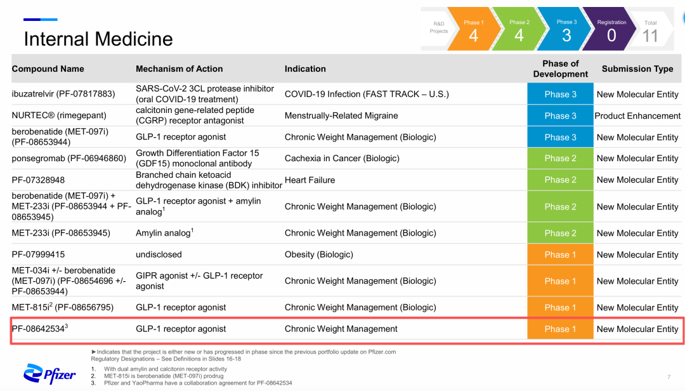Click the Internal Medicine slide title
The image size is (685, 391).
pyautogui.click(x=98, y=39)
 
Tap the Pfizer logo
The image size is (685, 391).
pyautogui.click(x=49, y=374)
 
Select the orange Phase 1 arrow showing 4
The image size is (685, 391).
pyautogui.click(x=474, y=29)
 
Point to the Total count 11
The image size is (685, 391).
pyautogui.click(x=650, y=36)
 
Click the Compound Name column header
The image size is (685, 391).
pyautogui.click(x=48, y=69)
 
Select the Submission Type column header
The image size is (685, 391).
pyautogui.click(x=637, y=69)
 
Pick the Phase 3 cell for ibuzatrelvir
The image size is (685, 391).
pyautogui.click(x=560, y=94)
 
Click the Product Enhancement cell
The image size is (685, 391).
pyautogui.click(x=637, y=116)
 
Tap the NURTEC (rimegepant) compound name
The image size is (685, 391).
pyautogui.click(x=59, y=116)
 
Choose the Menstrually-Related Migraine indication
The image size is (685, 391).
pyautogui.click(x=341, y=116)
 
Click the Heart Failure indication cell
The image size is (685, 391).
pyautogui.click(x=310, y=180)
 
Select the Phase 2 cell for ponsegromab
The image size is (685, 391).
pyautogui.click(x=560, y=158)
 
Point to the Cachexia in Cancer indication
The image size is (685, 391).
pyautogui.click(x=342, y=158)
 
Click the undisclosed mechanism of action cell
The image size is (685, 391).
pyautogui.click(x=159, y=255)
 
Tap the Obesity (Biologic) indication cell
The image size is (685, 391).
pyautogui.click(x=319, y=255)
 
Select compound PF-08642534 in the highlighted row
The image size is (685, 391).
pyautogui.click(x=40, y=328)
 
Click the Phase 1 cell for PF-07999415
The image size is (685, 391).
pyautogui.click(x=560, y=255)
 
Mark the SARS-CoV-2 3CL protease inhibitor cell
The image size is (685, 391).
pyautogui.click(x=205, y=94)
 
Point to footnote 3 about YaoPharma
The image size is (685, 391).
pyautogui.click(x=198, y=383)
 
